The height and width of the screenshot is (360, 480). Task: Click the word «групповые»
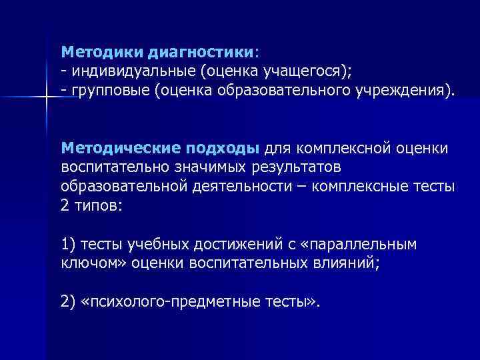click(x=107, y=89)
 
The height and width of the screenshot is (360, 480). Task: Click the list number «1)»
click(x=68, y=244)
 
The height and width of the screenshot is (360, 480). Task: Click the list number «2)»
click(x=68, y=301)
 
